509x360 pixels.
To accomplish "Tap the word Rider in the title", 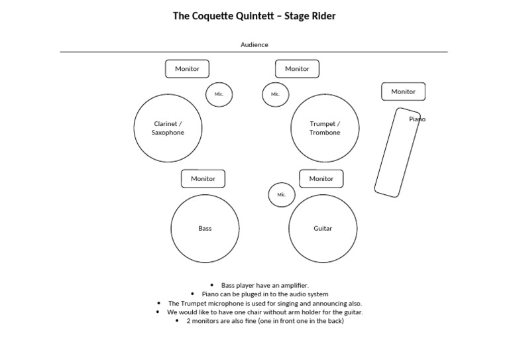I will pos(321,15).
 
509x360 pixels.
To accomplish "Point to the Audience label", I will pos(254,44).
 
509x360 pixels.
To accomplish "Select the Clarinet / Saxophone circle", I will pos(168,128).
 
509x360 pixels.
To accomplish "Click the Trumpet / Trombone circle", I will pos(325,128).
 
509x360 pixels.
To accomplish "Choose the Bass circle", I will pos(205,228).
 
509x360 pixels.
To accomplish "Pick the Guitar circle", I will pos(323,228).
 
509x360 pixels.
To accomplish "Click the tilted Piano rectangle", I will pos(396,153).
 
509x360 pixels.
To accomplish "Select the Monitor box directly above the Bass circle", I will pos(203,178).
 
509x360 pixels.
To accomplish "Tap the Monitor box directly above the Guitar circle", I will pos(321,178).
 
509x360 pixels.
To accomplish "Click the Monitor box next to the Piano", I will pos(403,91).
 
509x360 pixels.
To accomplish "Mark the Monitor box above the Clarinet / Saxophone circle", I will pos(187,68).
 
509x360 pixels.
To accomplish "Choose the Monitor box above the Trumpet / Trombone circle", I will pos(297,68).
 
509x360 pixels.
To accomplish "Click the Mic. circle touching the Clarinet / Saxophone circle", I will pos(219,94).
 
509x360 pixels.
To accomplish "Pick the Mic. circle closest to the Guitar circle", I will pos(282,194).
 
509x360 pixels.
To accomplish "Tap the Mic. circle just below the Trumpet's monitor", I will pos(275,94).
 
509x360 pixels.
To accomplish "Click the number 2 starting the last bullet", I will pos(188,321).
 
